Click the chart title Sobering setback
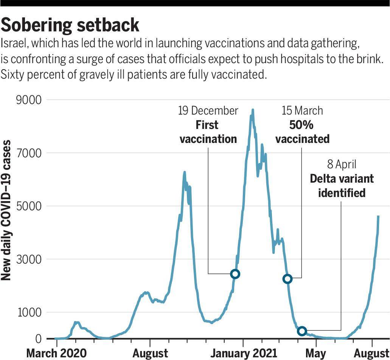70,26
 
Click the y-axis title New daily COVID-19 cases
6,210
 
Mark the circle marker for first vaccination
235,274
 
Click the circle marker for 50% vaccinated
287,279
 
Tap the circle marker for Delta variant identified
301,331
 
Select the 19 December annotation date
208,111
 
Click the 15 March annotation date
302,111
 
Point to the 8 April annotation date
342,165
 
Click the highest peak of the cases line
252,110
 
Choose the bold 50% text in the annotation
301,125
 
